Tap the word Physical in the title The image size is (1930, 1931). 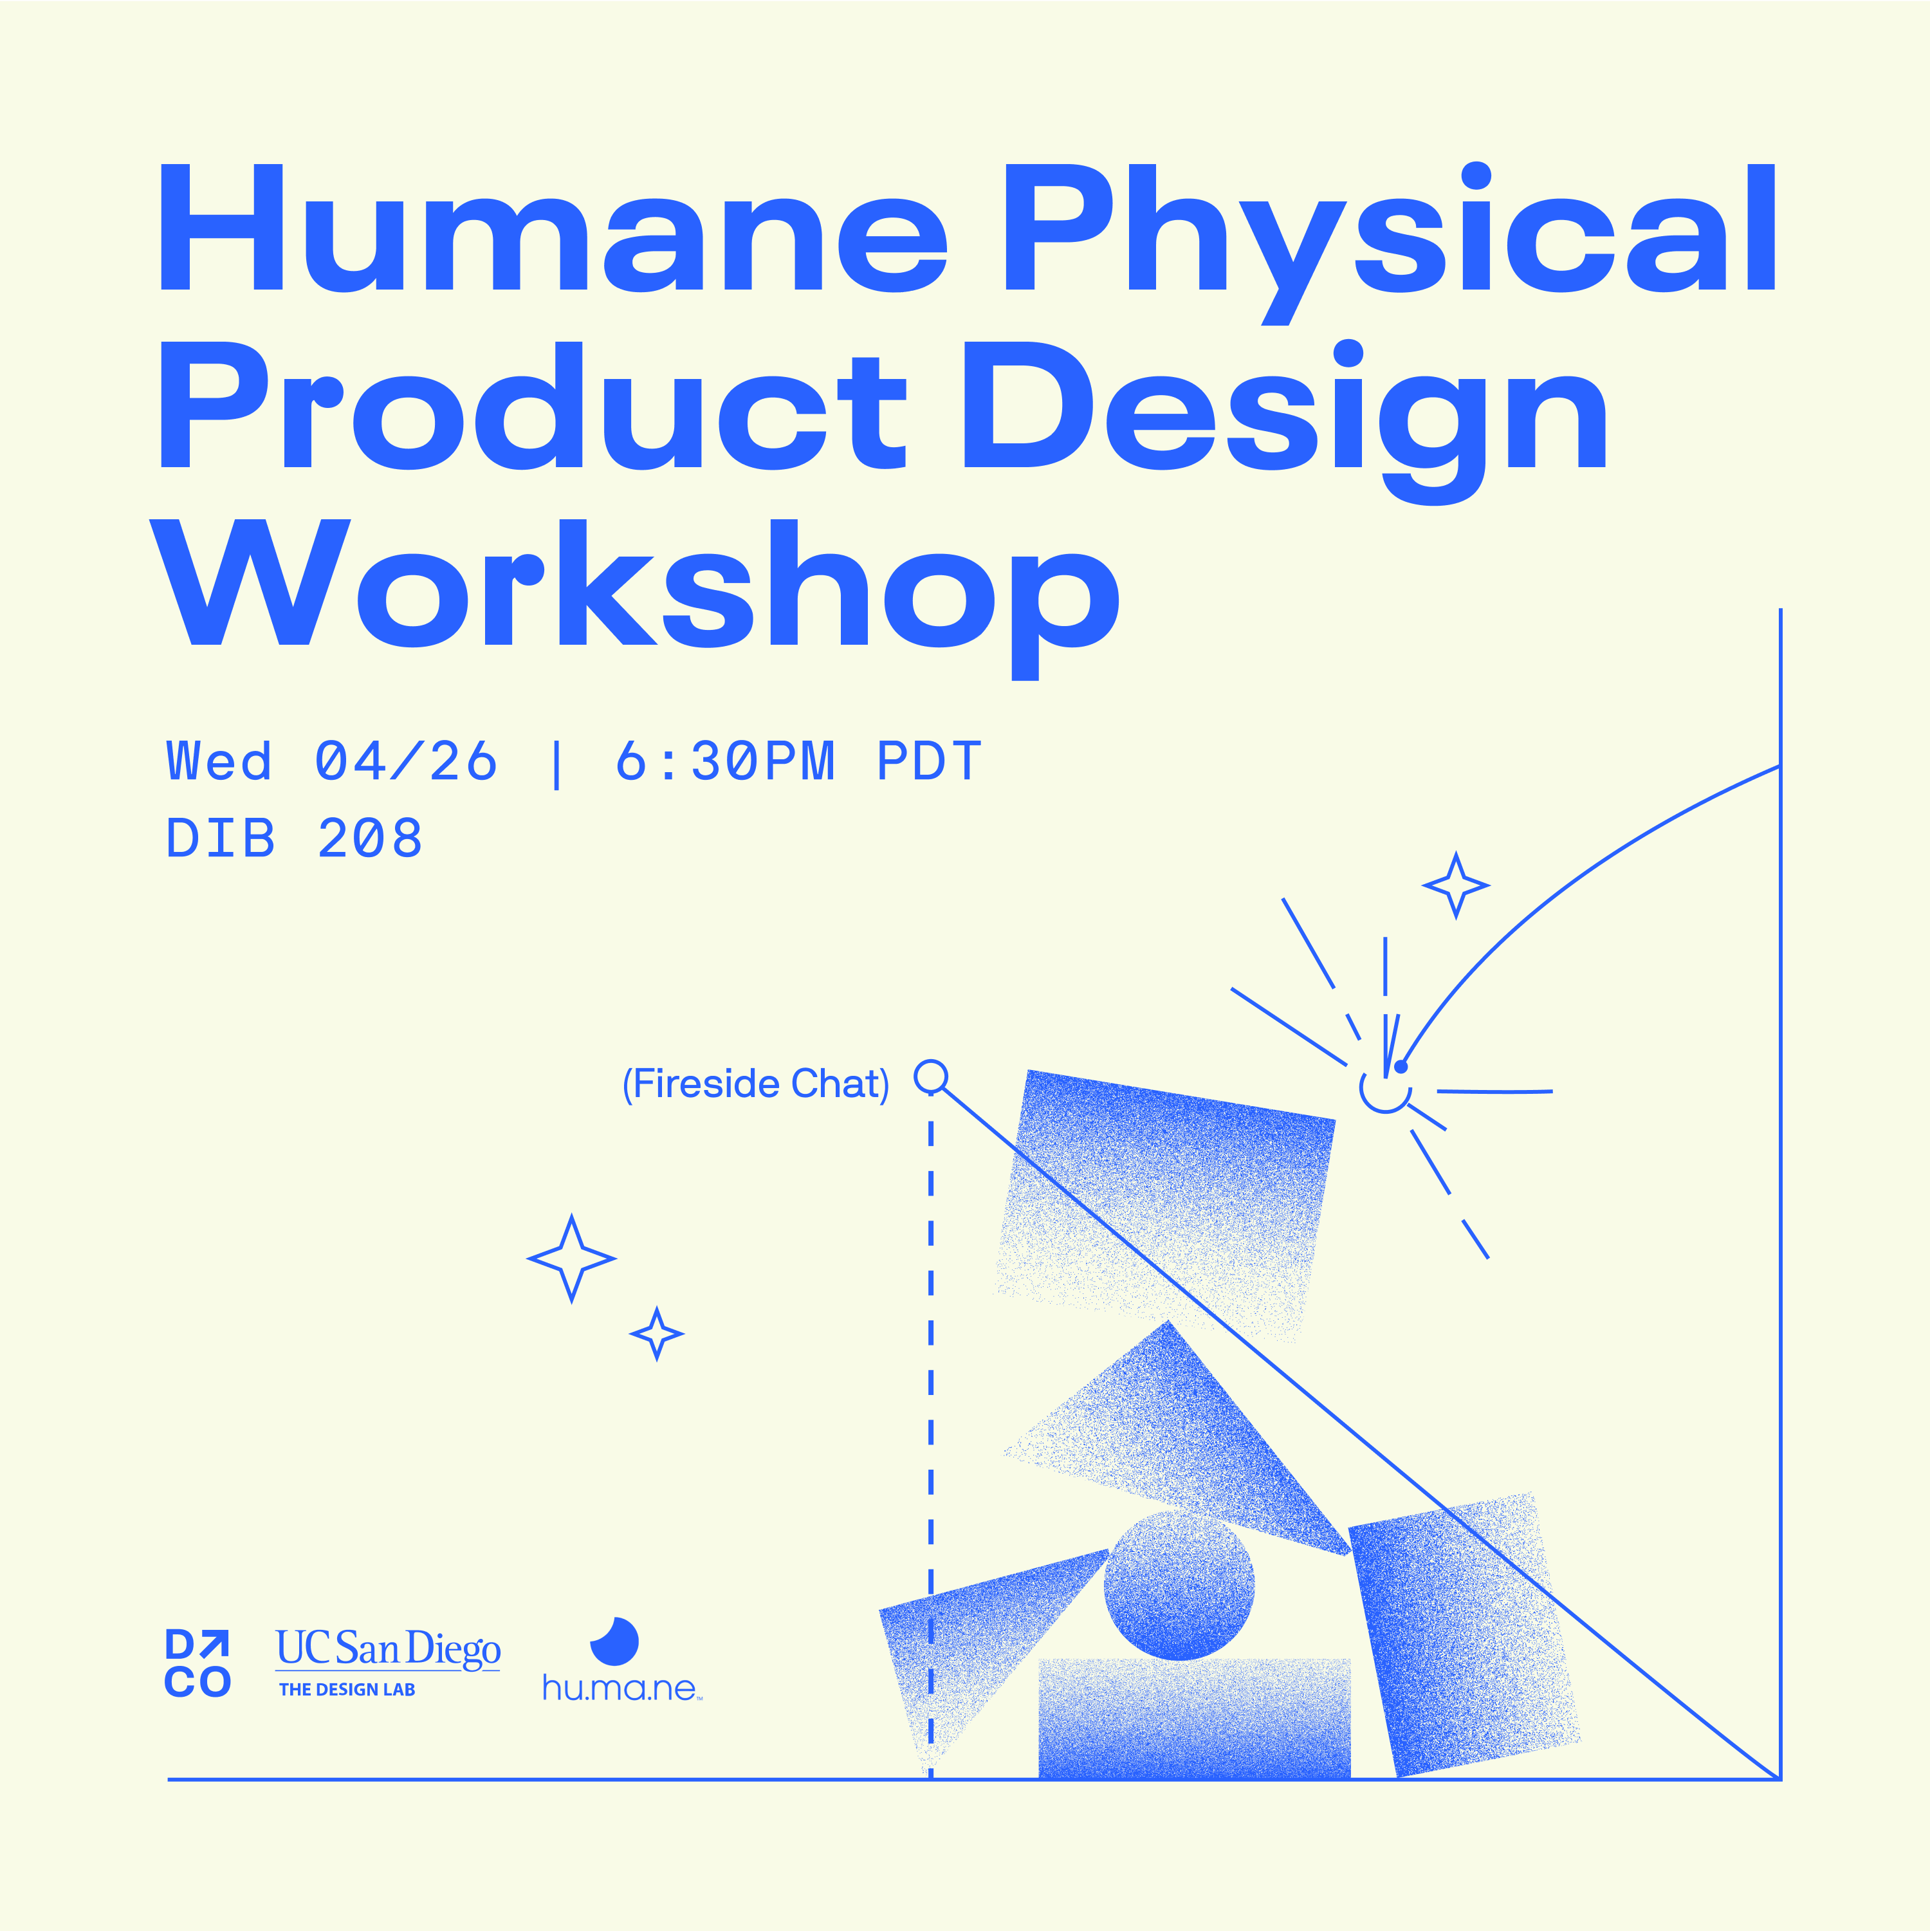click(x=1390, y=242)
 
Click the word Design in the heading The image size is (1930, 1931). click(x=1284, y=421)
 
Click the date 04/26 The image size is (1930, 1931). click(x=406, y=762)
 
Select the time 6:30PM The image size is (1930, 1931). click(x=724, y=762)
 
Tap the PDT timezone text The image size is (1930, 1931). click(x=930, y=762)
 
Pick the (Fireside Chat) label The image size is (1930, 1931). click(x=756, y=1084)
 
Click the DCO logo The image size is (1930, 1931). click(x=198, y=1663)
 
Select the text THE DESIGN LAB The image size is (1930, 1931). click(x=347, y=1689)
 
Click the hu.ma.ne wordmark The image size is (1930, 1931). click(x=621, y=1688)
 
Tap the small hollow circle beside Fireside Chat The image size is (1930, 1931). click(x=932, y=1076)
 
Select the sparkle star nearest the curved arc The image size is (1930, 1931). click(x=1457, y=885)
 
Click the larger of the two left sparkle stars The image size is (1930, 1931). click(x=572, y=1259)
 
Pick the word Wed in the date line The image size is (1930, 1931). click(x=219, y=762)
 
